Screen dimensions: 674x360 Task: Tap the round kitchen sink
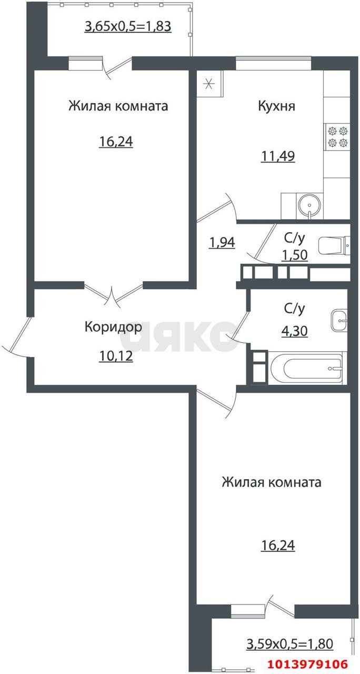(x=310, y=205)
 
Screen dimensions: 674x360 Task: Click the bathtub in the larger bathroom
(x=305, y=368)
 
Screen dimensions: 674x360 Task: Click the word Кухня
(x=276, y=106)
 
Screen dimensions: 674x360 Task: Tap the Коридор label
(x=113, y=327)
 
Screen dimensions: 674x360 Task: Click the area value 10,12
(x=115, y=356)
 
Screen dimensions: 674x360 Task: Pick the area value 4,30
(x=295, y=332)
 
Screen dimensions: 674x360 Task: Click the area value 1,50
(x=294, y=255)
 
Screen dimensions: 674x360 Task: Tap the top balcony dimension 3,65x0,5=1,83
(x=128, y=26)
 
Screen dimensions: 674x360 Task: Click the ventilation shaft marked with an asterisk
(x=209, y=83)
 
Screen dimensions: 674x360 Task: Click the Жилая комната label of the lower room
(x=271, y=482)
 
